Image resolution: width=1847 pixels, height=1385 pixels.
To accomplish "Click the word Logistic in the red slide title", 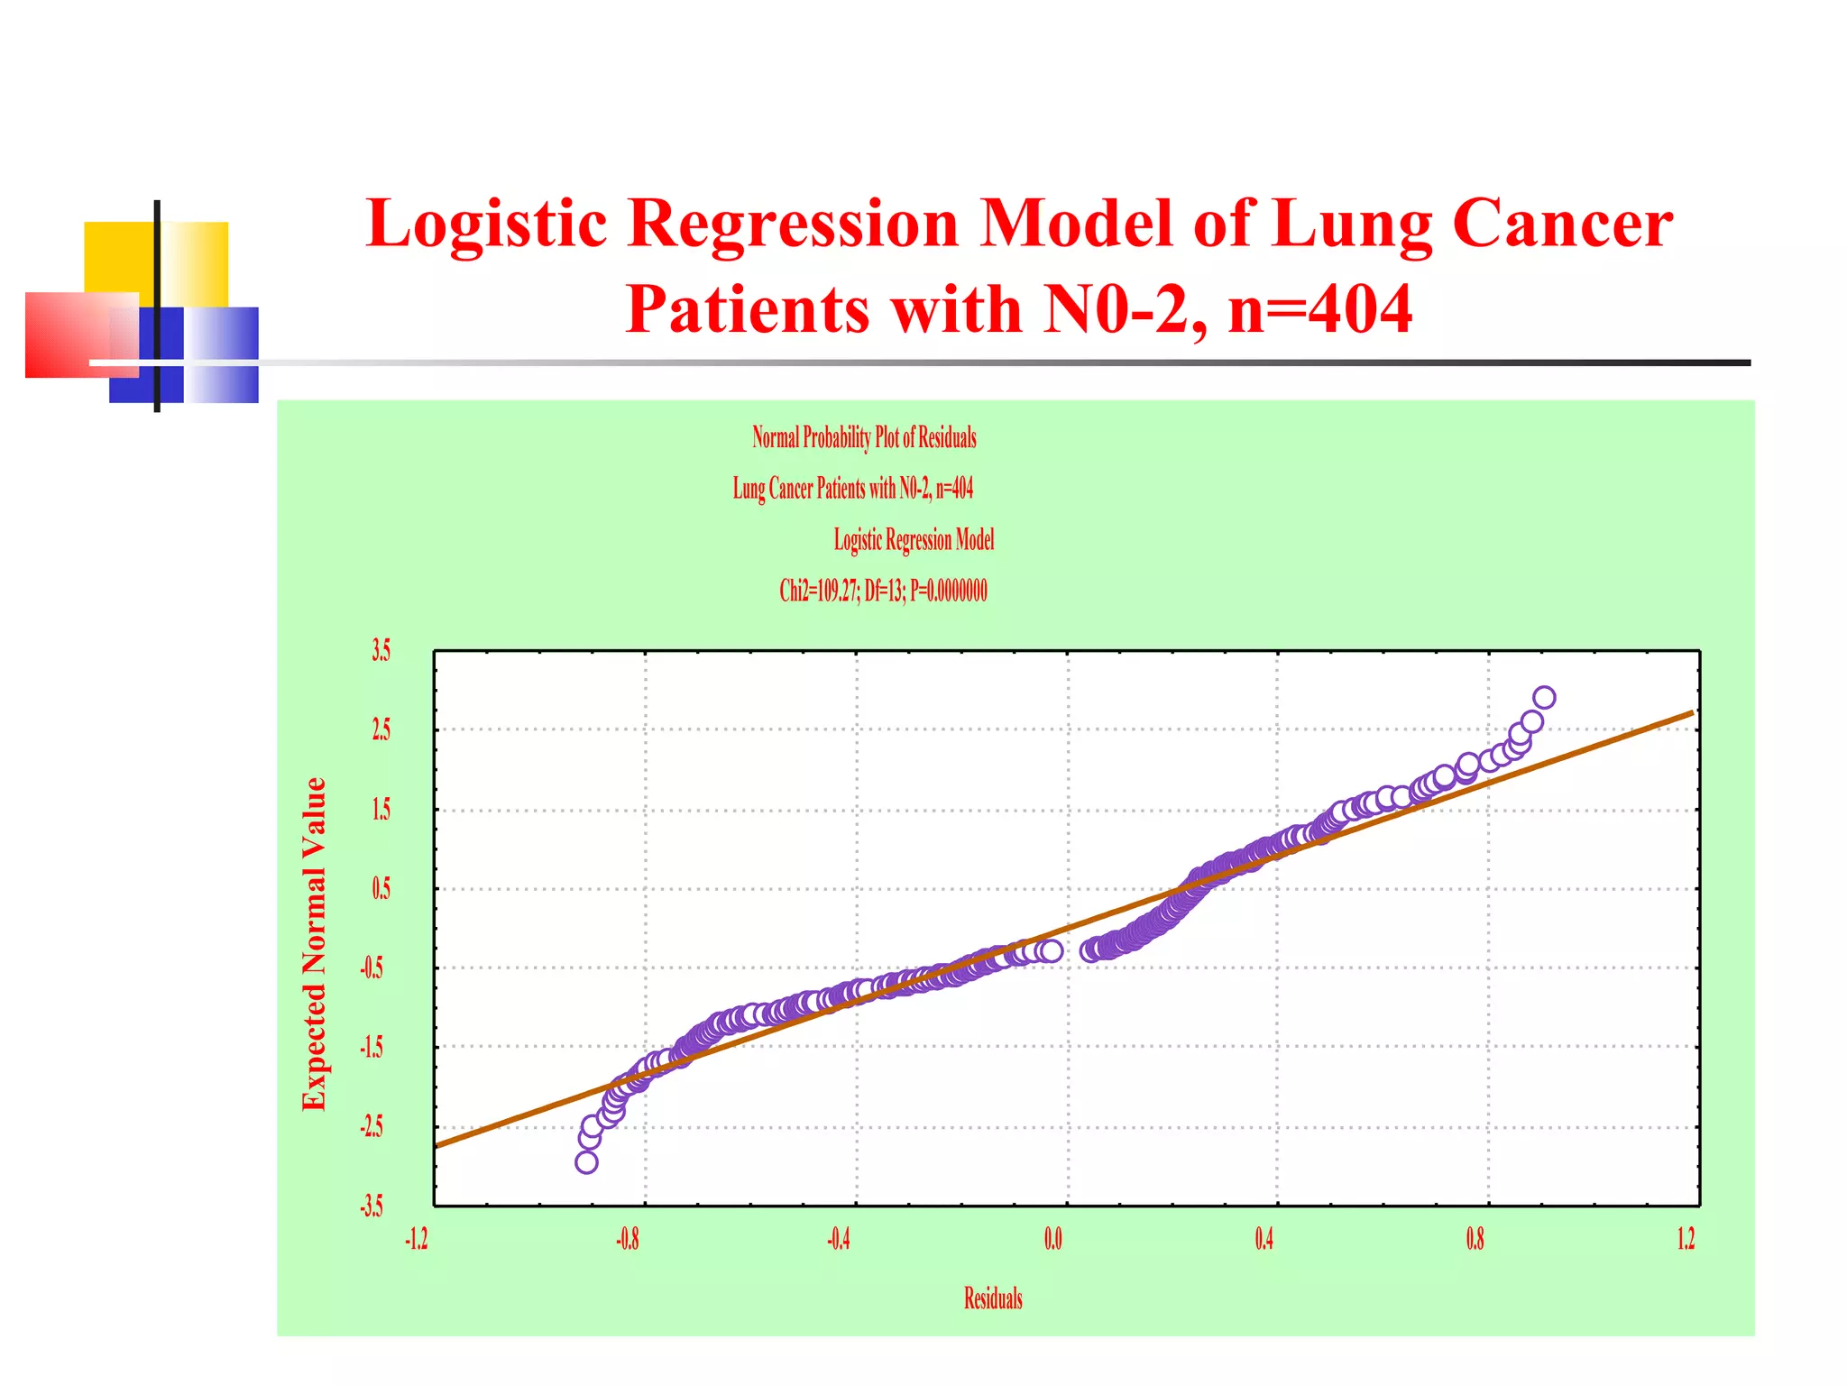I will point(487,225).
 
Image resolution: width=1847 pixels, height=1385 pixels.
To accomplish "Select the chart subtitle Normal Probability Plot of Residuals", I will point(864,438).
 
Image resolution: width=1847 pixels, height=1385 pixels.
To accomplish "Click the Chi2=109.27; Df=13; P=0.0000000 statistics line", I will point(883,592).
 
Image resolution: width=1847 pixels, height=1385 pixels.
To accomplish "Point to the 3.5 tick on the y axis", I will point(381,650).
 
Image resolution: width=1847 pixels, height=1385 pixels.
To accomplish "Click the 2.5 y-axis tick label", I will point(381,729).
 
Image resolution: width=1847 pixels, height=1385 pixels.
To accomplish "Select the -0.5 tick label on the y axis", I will point(372,968).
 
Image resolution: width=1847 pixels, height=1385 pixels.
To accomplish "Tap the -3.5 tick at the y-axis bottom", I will point(372,1206).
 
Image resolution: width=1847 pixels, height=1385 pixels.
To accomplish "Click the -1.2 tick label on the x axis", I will point(416,1240).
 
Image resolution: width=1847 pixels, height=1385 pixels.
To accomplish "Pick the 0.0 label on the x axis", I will point(1052,1240).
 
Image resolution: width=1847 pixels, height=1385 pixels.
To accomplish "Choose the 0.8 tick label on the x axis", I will point(1475,1240).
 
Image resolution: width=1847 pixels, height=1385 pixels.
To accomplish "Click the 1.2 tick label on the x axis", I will point(1686,1240).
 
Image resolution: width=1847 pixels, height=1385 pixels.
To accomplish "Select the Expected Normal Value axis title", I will point(314,943).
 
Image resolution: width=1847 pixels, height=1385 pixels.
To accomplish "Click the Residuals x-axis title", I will point(993,1298).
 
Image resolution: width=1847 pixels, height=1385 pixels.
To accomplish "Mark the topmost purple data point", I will point(1544,697).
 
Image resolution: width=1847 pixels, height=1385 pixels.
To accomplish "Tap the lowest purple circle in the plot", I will point(586,1162).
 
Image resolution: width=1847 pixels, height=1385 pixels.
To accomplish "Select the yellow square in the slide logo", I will point(119,256).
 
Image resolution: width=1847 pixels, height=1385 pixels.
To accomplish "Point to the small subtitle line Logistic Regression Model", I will point(914,540).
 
